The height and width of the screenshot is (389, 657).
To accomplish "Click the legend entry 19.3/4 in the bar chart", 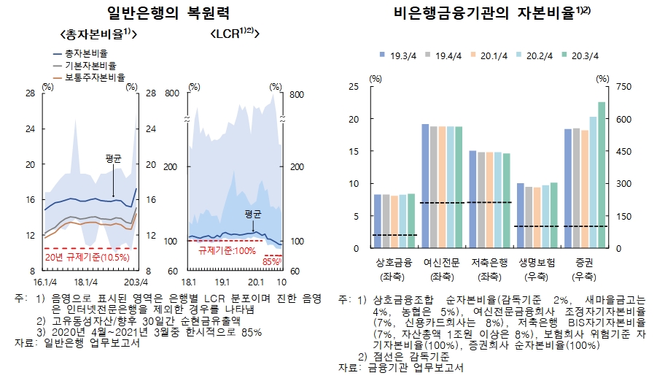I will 402,55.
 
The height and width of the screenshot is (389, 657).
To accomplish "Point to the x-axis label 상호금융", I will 394,262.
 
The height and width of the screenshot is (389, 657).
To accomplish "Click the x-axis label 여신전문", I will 440,262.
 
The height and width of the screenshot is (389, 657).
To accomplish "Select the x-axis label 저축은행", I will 488,262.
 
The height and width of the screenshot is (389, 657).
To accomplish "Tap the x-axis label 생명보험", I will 537,262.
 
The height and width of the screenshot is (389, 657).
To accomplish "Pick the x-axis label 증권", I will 584,262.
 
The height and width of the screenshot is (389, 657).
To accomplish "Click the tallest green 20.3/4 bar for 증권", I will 602,175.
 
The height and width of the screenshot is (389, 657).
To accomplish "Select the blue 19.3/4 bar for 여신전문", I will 425,186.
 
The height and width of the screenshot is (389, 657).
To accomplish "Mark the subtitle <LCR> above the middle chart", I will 235,34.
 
